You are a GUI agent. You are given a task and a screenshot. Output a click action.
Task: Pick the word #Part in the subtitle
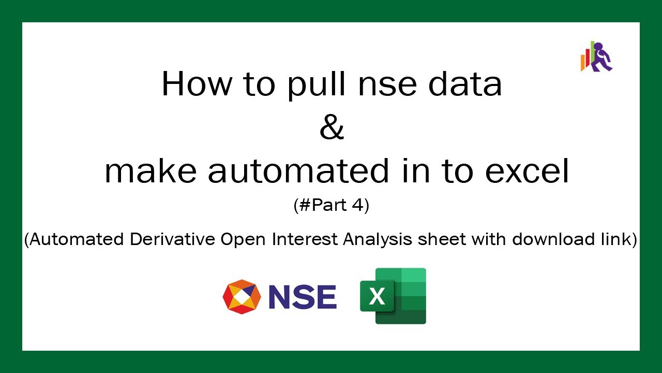(x=325, y=206)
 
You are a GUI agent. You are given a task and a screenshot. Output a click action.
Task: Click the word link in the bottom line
(x=617, y=239)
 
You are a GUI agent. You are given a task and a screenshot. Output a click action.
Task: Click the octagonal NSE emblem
(x=242, y=297)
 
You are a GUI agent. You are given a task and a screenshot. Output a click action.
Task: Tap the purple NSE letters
(x=303, y=297)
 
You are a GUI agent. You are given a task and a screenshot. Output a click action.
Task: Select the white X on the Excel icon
(x=378, y=297)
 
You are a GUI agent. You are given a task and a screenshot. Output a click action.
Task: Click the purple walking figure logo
(x=600, y=57)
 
